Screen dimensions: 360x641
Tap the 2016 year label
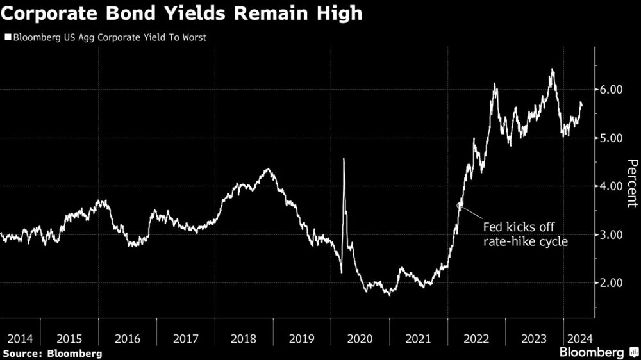(x=128, y=338)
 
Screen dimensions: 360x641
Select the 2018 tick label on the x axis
(x=244, y=338)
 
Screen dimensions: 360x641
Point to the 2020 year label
(x=360, y=338)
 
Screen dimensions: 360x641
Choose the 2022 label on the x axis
(x=476, y=338)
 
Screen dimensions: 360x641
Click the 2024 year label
(x=579, y=338)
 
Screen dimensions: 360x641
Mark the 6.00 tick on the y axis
(x=612, y=90)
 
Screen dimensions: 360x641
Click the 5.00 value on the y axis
(x=612, y=138)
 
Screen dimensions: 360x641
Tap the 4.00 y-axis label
(x=612, y=186)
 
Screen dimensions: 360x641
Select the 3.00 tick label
(x=612, y=234)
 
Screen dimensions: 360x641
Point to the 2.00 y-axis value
(x=612, y=283)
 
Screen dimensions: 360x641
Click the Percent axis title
(x=632, y=183)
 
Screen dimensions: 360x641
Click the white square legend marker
(x=7, y=37)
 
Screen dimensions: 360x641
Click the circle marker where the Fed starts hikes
(x=459, y=205)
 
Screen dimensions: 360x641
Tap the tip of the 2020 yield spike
(x=344, y=159)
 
